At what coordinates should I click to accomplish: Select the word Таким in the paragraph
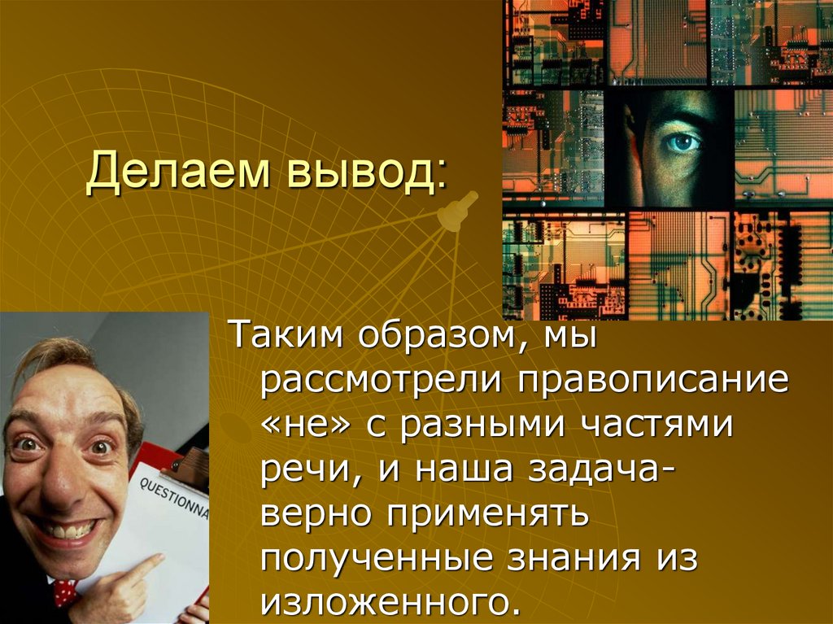coord(273,335)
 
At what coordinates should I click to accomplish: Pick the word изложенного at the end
coord(389,604)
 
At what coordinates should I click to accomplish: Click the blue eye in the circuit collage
coord(682,142)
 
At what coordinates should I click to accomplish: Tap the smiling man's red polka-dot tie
coord(65,591)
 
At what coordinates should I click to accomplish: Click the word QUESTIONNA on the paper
coord(172,497)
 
